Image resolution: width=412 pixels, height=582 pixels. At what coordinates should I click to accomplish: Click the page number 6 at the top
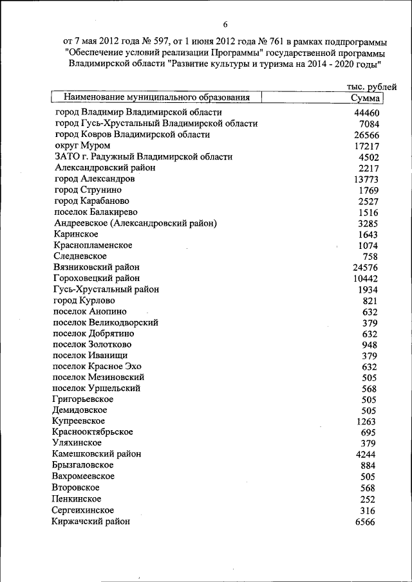(226, 24)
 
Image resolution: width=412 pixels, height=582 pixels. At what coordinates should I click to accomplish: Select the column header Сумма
(365, 98)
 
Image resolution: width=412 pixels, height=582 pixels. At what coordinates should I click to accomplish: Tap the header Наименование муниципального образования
(156, 98)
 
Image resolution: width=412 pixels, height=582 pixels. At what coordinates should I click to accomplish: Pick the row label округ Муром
(78, 146)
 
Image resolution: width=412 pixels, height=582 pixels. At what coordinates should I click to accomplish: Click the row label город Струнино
(88, 190)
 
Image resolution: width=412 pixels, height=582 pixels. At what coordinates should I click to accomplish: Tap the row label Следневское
(80, 256)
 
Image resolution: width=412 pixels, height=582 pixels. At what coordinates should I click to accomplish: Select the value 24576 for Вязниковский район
(365, 268)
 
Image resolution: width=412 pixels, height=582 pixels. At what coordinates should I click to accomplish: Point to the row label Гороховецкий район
(97, 278)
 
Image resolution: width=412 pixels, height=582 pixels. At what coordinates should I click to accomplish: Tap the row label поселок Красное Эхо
(97, 367)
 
